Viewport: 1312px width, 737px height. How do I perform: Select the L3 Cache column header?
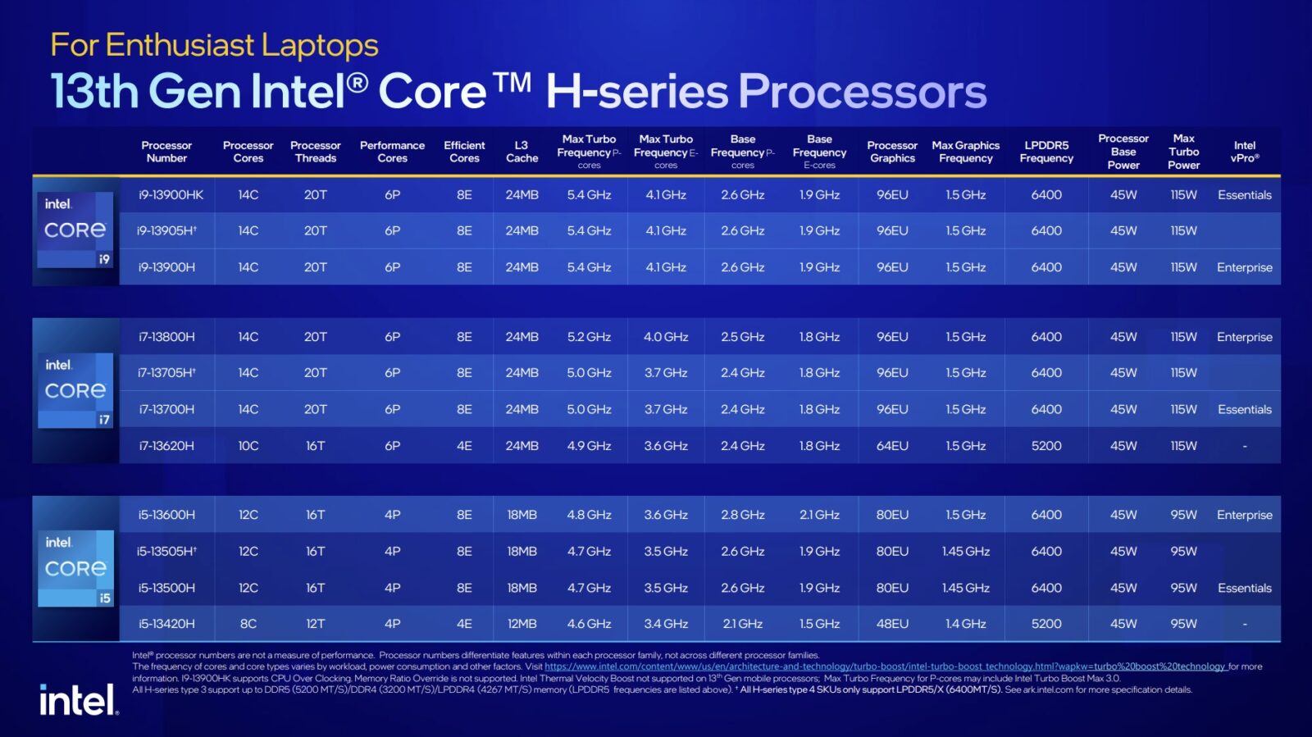click(522, 152)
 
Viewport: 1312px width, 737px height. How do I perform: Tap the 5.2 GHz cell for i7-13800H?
click(589, 337)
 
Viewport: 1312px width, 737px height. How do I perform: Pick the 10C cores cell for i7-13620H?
click(248, 446)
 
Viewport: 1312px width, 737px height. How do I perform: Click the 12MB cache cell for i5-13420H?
click(522, 624)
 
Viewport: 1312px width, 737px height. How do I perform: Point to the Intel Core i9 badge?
click(75, 230)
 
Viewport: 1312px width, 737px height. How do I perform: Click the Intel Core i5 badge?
click(75, 568)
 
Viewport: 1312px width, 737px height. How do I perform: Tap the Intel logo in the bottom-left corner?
click(79, 701)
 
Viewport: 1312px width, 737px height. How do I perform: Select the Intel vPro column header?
click(1244, 152)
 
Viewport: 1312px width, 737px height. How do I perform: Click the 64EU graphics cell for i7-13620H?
click(892, 446)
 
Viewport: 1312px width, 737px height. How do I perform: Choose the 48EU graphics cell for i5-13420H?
click(892, 624)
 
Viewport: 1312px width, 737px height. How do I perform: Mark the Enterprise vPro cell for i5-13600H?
click(1244, 515)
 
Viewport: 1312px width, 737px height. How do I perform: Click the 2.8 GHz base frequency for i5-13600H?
click(742, 515)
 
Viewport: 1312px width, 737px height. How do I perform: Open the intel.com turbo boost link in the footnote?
click(884, 666)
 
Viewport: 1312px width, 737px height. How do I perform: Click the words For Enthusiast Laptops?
click(214, 45)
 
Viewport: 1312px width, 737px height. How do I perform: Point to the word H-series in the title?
click(636, 91)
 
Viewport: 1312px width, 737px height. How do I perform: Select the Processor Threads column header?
click(315, 152)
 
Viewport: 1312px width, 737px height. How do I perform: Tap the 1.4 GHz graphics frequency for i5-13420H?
click(965, 624)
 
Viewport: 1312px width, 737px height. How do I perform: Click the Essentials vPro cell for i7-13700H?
click(1244, 409)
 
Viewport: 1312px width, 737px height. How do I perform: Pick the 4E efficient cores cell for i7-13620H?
click(464, 446)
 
